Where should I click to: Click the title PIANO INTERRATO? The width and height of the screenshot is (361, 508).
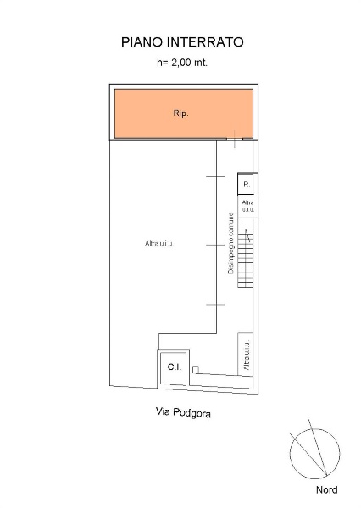(182, 42)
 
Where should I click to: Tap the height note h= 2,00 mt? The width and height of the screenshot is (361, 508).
(182, 62)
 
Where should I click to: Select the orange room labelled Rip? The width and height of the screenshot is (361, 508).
(184, 113)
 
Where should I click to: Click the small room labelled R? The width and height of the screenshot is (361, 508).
(247, 185)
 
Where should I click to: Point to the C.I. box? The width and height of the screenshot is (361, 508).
(174, 368)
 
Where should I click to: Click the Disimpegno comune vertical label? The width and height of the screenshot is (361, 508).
(231, 243)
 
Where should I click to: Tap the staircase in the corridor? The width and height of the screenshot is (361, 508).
(246, 258)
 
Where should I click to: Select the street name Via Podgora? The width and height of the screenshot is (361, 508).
(183, 412)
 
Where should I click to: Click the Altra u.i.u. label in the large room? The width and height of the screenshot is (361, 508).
(159, 243)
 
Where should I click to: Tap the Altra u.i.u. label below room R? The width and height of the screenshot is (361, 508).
(248, 206)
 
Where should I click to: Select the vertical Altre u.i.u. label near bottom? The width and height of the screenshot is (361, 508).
(247, 355)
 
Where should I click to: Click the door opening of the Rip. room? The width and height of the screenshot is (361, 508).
(235, 139)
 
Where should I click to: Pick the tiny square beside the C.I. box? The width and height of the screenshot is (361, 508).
(196, 369)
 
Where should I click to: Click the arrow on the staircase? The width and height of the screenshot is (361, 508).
(248, 236)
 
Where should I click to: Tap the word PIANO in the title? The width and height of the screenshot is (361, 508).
(142, 42)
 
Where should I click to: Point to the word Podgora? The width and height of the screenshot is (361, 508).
(192, 413)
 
